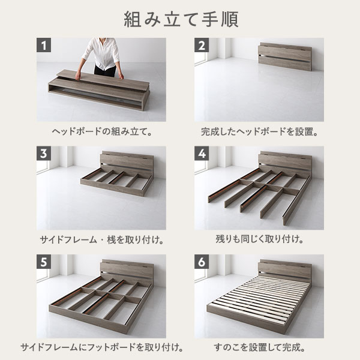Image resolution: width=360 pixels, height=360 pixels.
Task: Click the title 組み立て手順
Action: [x=180, y=19]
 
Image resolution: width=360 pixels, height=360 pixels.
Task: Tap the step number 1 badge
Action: [x=44, y=46]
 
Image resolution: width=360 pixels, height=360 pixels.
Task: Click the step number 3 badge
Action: [x=44, y=154]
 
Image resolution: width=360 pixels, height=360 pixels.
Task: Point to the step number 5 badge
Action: [x=44, y=262]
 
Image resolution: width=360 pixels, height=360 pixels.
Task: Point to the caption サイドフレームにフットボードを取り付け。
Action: [x=101, y=347]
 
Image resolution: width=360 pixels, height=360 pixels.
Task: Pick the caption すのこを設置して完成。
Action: [x=259, y=347]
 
